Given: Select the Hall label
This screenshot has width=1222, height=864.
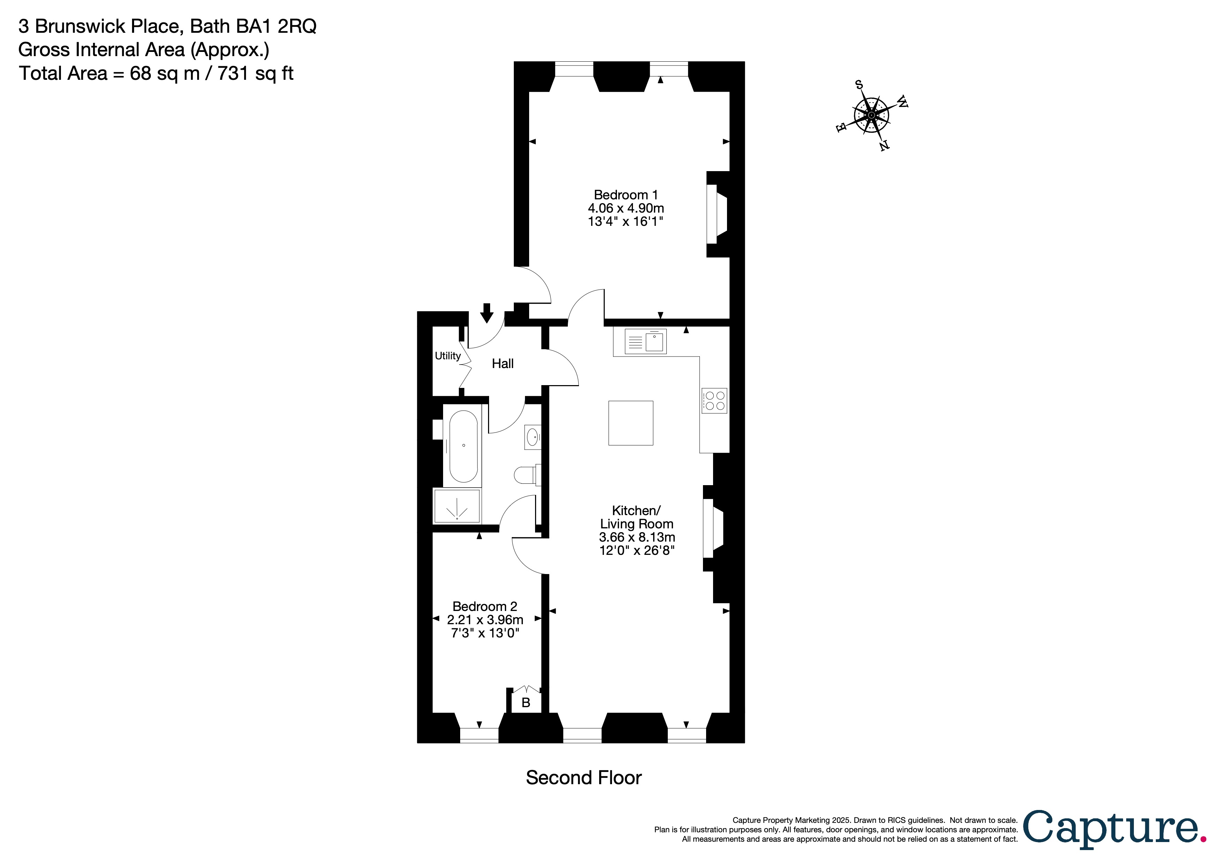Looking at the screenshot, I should pyautogui.click(x=502, y=364).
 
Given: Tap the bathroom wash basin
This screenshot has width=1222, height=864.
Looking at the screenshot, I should pyautogui.click(x=533, y=438).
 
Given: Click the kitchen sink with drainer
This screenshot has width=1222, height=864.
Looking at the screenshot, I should pyautogui.click(x=645, y=341).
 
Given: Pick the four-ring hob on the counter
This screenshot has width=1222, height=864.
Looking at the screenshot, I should pyautogui.click(x=714, y=401).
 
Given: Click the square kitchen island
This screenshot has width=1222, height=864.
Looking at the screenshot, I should pyautogui.click(x=631, y=423).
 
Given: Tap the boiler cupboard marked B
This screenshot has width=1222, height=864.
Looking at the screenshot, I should pyautogui.click(x=526, y=703).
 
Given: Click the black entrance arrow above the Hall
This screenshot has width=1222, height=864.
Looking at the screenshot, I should pyautogui.click(x=486, y=313).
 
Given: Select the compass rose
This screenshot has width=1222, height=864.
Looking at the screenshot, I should pyautogui.click(x=871, y=115).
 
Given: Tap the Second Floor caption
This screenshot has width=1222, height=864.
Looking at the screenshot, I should pyautogui.click(x=583, y=778).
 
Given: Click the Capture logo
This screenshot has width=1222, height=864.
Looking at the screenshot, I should pyautogui.click(x=1112, y=829).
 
